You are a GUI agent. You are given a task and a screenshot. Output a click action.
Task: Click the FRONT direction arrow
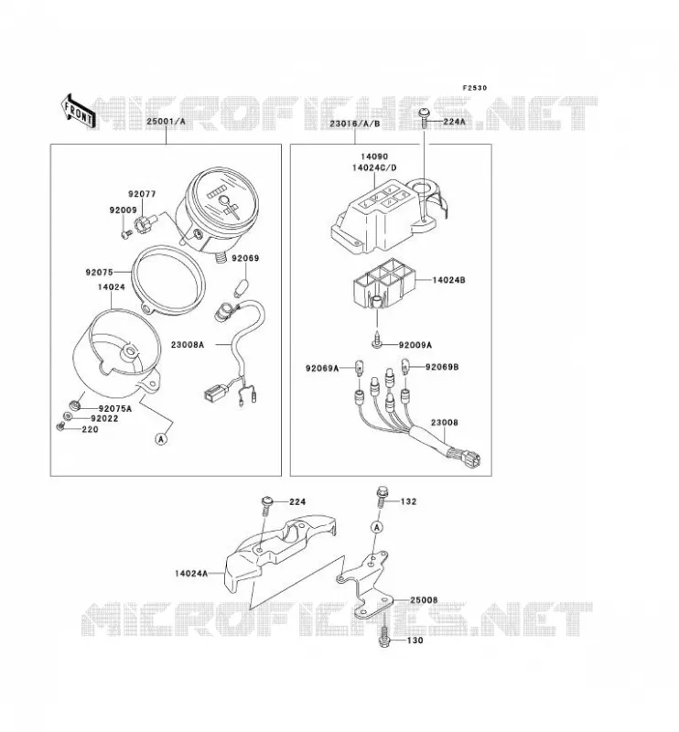click(x=78, y=112)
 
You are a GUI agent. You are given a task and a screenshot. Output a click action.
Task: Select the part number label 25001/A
click(x=167, y=122)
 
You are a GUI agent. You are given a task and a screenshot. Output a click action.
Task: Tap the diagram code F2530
click(x=474, y=88)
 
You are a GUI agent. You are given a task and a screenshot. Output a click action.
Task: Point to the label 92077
click(x=142, y=194)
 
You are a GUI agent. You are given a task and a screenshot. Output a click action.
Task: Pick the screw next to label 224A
click(x=425, y=117)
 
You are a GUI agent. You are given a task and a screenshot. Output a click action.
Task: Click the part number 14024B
click(x=448, y=281)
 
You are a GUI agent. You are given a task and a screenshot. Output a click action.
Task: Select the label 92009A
click(x=415, y=346)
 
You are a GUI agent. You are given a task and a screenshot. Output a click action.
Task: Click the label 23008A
click(x=188, y=345)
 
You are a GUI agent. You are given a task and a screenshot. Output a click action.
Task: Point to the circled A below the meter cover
click(x=161, y=439)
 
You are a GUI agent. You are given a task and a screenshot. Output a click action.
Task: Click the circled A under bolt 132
click(x=377, y=527)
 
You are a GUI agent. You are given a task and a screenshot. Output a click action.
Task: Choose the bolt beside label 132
click(x=381, y=498)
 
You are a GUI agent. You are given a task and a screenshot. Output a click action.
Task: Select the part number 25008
click(x=424, y=600)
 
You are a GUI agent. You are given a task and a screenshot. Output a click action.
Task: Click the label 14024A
click(x=191, y=574)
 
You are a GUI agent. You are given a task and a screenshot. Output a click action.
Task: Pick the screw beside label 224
click(x=267, y=505)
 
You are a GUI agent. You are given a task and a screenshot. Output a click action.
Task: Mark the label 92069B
click(x=442, y=368)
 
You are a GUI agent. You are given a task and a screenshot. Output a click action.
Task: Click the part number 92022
click(x=104, y=419)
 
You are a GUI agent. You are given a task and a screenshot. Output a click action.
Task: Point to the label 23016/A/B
click(x=355, y=124)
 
